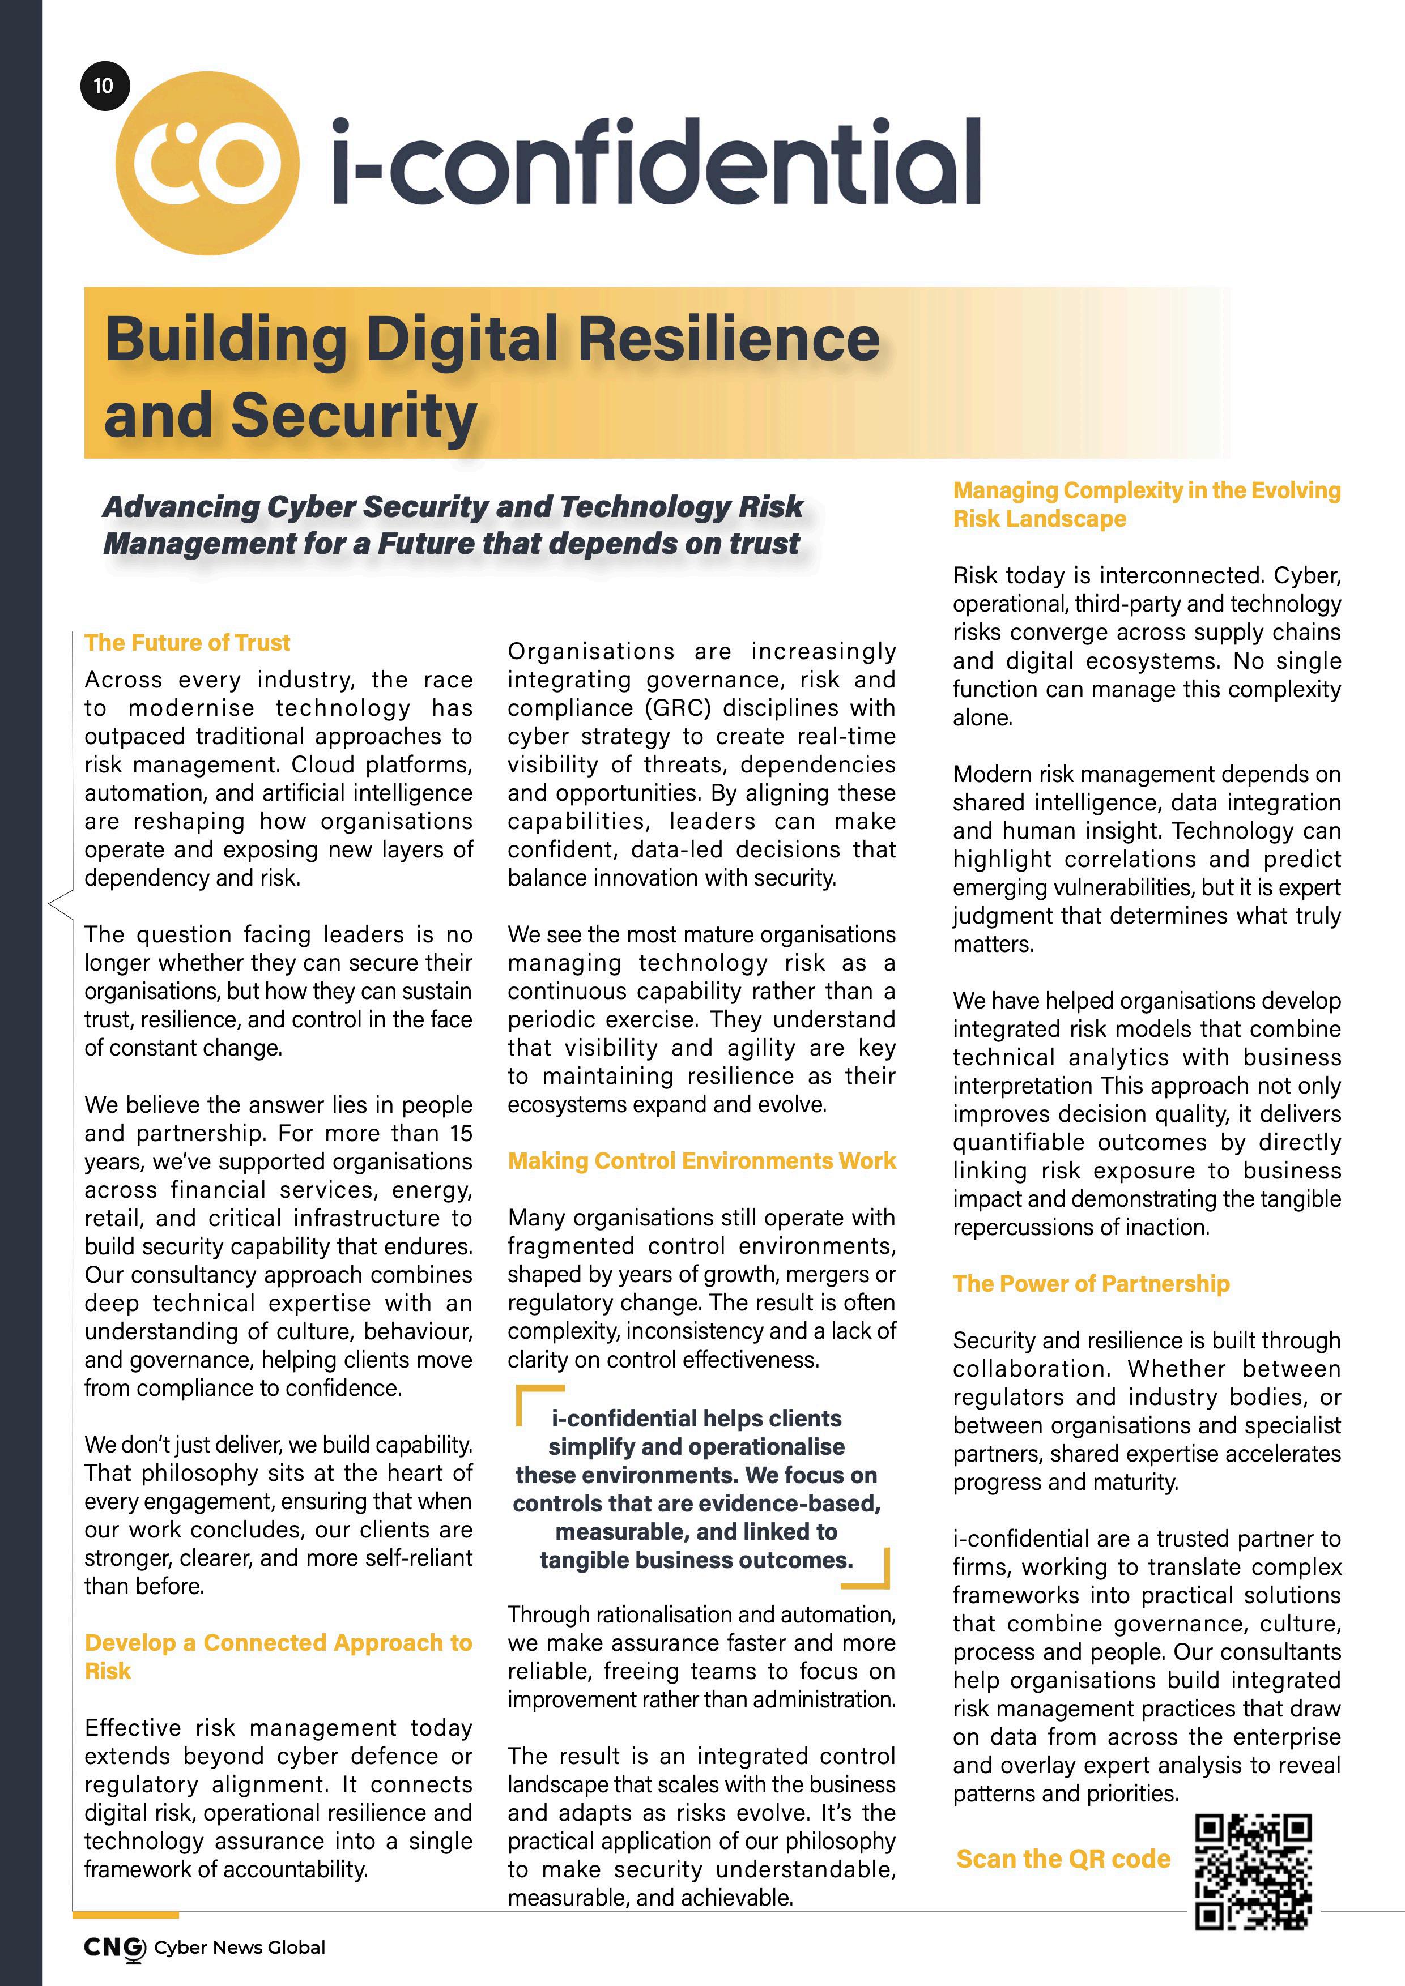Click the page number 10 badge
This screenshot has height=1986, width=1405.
coord(104,86)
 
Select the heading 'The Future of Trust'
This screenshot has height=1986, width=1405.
coord(187,643)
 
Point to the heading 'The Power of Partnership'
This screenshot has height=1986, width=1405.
coord(1091,1284)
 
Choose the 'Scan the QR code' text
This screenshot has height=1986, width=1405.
coord(1063,1859)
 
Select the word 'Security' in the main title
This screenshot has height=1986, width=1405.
coord(354,415)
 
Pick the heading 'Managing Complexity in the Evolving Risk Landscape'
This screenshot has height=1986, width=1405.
coord(1146,504)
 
